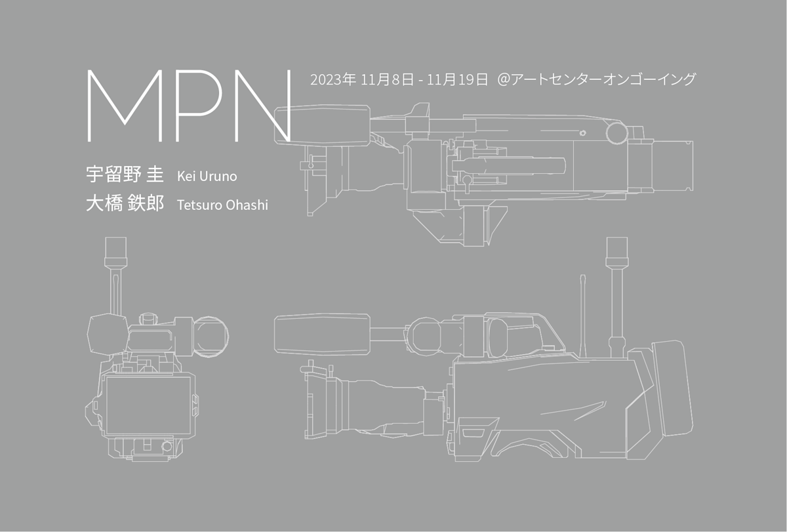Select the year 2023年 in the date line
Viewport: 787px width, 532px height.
point(333,81)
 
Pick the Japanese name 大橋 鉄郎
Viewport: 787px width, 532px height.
point(125,204)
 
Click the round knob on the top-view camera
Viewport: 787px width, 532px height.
point(616,133)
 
